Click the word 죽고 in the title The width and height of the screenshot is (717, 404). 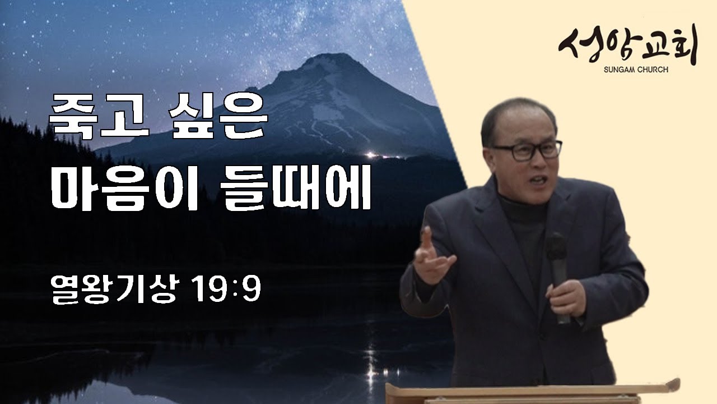99,117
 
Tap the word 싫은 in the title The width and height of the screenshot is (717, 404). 218,117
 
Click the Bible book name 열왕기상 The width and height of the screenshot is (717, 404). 114,289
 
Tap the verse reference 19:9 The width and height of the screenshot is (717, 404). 226,289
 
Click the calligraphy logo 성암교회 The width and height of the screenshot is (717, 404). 628,44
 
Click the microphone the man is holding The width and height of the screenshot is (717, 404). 558,276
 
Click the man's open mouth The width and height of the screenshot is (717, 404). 538,180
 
